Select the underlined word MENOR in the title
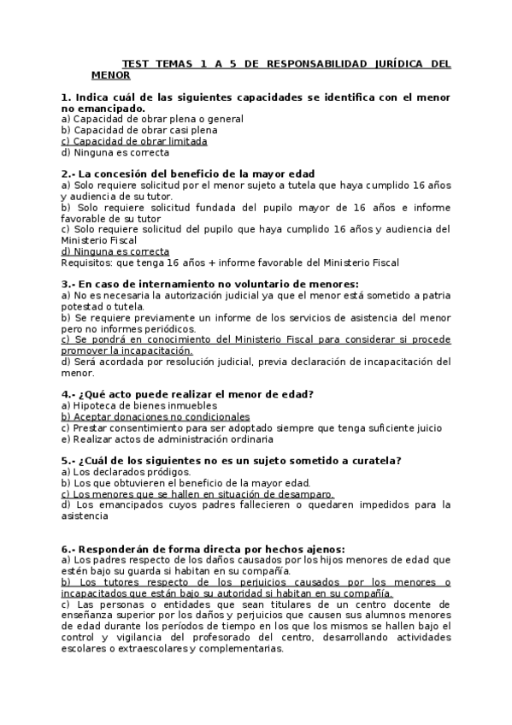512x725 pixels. (x=110, y=74)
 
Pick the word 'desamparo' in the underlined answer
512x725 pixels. (x=305, y=494)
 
